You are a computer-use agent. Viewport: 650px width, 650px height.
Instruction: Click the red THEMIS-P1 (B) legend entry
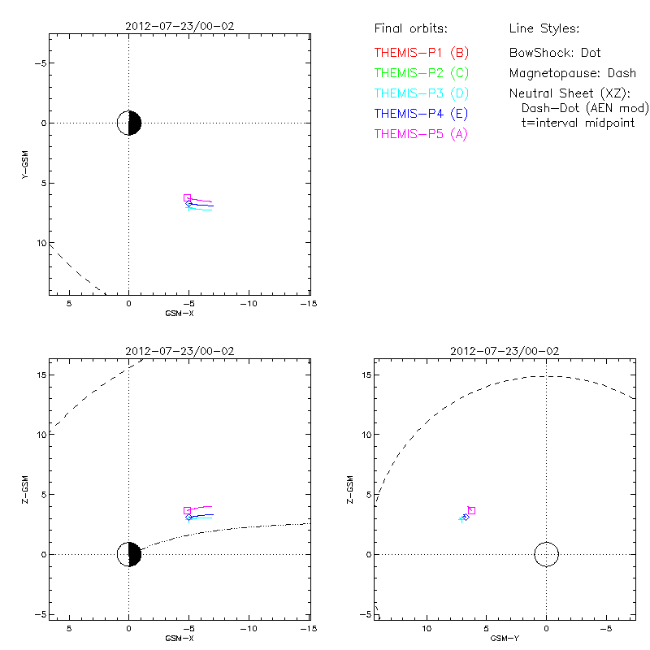422,53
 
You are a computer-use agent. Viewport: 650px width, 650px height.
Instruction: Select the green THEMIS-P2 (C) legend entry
422,73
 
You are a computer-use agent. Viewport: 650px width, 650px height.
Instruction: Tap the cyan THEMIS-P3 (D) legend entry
422,93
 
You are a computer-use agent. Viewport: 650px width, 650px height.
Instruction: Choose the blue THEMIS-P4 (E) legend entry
422,114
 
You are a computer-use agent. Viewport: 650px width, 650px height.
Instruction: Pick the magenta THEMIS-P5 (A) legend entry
422,134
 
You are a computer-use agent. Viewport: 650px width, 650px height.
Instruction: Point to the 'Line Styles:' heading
544,29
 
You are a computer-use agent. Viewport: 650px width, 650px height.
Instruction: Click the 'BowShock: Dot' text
555,53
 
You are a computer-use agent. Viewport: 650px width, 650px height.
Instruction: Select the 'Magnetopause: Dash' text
572,73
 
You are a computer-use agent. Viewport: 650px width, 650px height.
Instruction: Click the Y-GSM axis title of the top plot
28,165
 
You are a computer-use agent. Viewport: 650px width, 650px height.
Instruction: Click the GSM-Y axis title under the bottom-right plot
504,638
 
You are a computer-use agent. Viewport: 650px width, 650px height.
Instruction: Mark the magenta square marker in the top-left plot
187,197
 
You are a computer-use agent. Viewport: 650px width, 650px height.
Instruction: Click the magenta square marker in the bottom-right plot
471,510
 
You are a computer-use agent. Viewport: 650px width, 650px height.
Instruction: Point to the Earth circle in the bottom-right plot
546,554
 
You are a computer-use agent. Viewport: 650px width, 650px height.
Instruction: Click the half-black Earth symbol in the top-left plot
129,123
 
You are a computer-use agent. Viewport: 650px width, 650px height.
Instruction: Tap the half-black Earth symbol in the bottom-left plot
129,554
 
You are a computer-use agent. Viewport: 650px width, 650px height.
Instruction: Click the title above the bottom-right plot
504,351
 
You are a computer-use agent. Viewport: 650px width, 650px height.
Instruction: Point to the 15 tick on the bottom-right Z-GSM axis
366,375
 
